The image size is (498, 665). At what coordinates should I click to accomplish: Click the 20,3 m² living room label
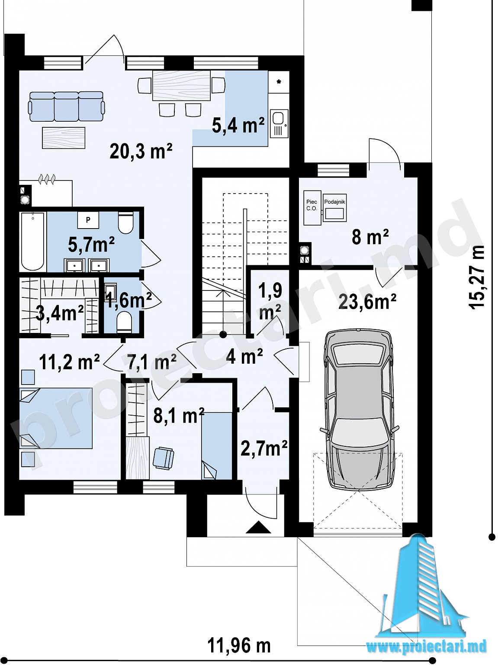tap(141, 152)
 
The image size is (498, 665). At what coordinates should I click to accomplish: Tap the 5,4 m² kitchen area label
tap(238, 126)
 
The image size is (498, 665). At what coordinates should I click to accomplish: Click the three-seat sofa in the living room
tap(67, 107)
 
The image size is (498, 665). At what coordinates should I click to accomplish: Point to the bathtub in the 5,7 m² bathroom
tap(33, 241)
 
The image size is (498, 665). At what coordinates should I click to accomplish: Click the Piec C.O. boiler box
tap(312, 207)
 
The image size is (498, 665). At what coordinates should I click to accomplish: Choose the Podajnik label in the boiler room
tap(334, 201)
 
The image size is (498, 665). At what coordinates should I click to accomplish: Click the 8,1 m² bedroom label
tap(179, 416)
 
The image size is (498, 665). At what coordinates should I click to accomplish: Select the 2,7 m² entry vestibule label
tap(263, 449)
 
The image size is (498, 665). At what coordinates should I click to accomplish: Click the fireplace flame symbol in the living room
tap(47, 179)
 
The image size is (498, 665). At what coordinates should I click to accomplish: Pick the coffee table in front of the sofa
tap(64, 138)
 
